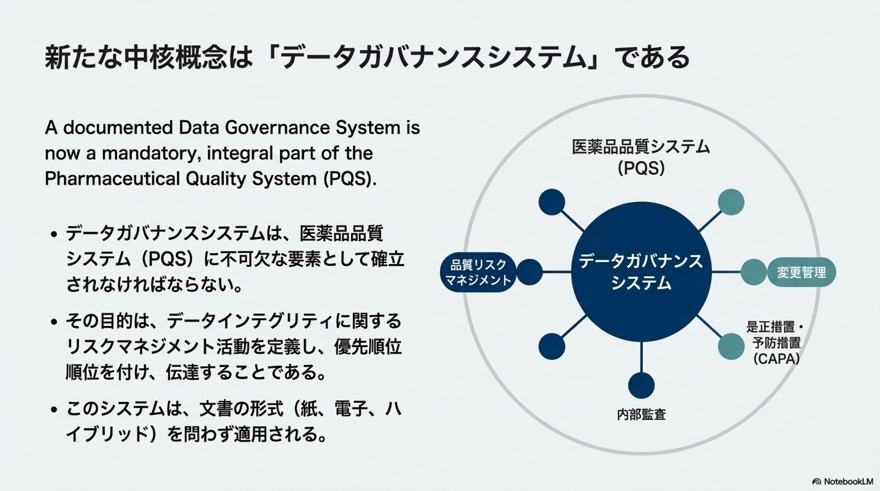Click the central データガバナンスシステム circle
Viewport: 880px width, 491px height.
coord(641,272)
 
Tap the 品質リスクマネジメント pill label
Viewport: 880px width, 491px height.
coord(478,272)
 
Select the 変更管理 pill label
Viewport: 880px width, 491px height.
coord(801,273)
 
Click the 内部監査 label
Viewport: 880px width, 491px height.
coord(641,415)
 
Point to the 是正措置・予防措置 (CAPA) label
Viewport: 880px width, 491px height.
coord(776,343)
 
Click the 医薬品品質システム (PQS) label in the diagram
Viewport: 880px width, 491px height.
coord(641,157)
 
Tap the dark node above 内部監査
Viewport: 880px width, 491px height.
coord(641,385)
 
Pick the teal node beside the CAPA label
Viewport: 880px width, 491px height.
coord(731,346)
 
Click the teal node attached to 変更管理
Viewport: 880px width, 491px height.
coord(753,272)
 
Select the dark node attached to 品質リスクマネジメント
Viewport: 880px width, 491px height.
coord(529,272)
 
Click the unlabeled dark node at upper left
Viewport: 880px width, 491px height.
coord(551,202)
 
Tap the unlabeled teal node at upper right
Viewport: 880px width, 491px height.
coord(731,202)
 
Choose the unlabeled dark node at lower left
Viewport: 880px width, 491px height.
coord(551,346)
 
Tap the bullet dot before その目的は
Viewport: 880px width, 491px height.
coord(54,322)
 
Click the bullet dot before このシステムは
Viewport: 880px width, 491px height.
coord(54,409)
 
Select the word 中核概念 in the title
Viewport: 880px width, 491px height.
coord(176,58)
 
